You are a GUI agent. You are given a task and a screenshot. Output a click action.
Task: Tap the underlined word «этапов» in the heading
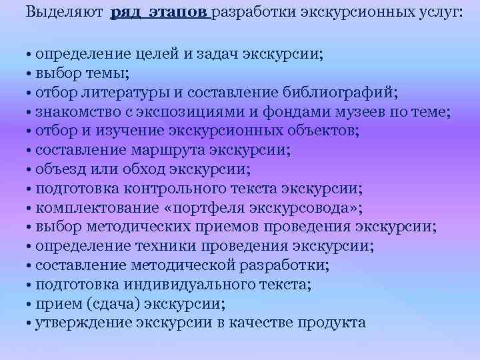coord(181,13)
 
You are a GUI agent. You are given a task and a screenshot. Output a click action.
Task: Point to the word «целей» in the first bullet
coord(157,54)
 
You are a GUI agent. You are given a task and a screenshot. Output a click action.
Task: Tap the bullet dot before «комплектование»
coord(31,209)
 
